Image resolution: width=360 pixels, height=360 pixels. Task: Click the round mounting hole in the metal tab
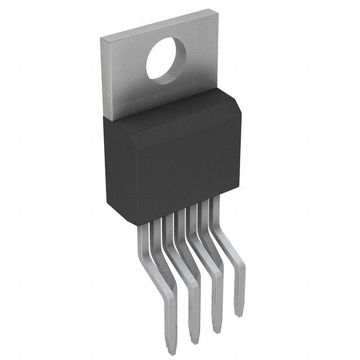[x=166, y=60]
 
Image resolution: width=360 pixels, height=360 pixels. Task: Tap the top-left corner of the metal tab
[x=101, y=37]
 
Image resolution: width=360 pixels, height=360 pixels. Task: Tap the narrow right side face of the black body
[x=236, y=152]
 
